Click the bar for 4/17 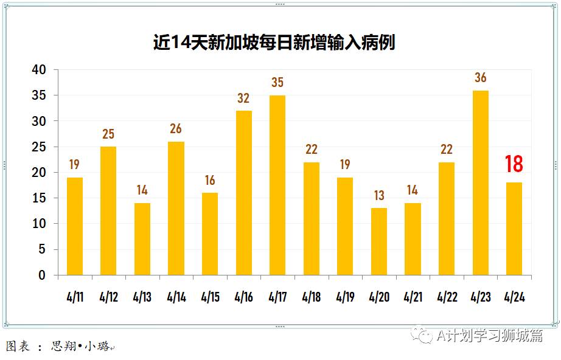(277, 185)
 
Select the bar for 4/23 (481, 182)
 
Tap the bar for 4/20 (379, 241)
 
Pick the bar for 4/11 (75, 226)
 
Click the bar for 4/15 (210, 234)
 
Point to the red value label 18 (514, 164)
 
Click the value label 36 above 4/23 (481, 78)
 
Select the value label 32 (243, 98)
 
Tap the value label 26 (176, 129)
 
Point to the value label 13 (379, 196)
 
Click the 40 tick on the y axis (39, 70)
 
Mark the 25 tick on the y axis (39, 147)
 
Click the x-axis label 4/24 (515, 298)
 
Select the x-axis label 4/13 (142, 298)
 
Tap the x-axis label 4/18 (312, 298)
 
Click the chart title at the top (274, 43)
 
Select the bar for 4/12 (108, 210)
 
